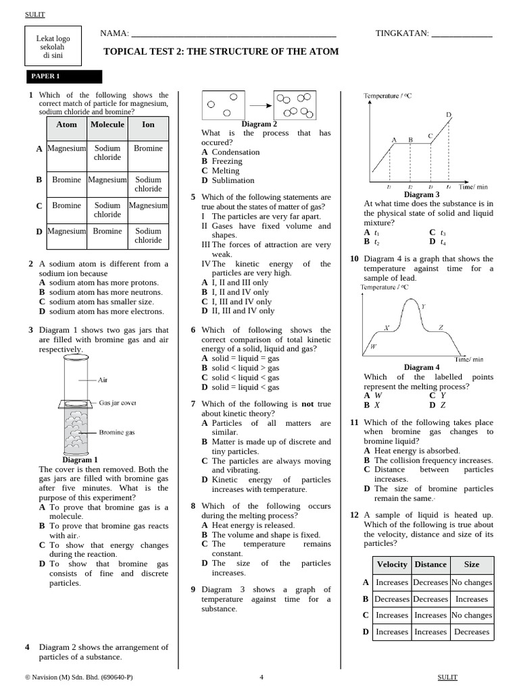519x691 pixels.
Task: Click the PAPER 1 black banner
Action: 64,76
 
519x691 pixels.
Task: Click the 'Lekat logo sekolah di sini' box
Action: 53,47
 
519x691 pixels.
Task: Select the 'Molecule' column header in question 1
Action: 107,124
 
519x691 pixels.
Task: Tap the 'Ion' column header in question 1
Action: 148,124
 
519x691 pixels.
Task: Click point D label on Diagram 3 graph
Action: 449,115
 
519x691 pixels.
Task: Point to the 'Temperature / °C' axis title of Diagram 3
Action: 388,96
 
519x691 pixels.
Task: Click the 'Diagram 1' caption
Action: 80,460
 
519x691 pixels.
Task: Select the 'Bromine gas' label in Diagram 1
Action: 117,432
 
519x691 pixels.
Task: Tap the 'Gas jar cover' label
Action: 118,402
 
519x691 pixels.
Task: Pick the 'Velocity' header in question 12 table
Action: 392,564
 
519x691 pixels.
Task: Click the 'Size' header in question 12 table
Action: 472,564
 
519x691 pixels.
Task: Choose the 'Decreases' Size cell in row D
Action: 472,632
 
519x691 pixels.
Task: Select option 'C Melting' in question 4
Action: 220,171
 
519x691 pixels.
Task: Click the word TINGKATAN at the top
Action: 401,33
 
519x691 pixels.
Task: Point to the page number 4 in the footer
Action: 262,677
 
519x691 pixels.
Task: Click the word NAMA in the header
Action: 114,33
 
